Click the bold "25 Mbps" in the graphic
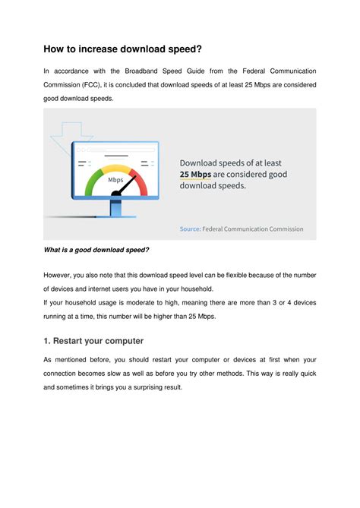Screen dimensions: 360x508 (x=196, y=174)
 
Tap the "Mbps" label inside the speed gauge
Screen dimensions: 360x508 (x=115, y=180)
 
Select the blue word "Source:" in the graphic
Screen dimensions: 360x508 (x=190, y=229)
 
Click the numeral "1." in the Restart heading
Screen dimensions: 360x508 (x=48, y=340)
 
